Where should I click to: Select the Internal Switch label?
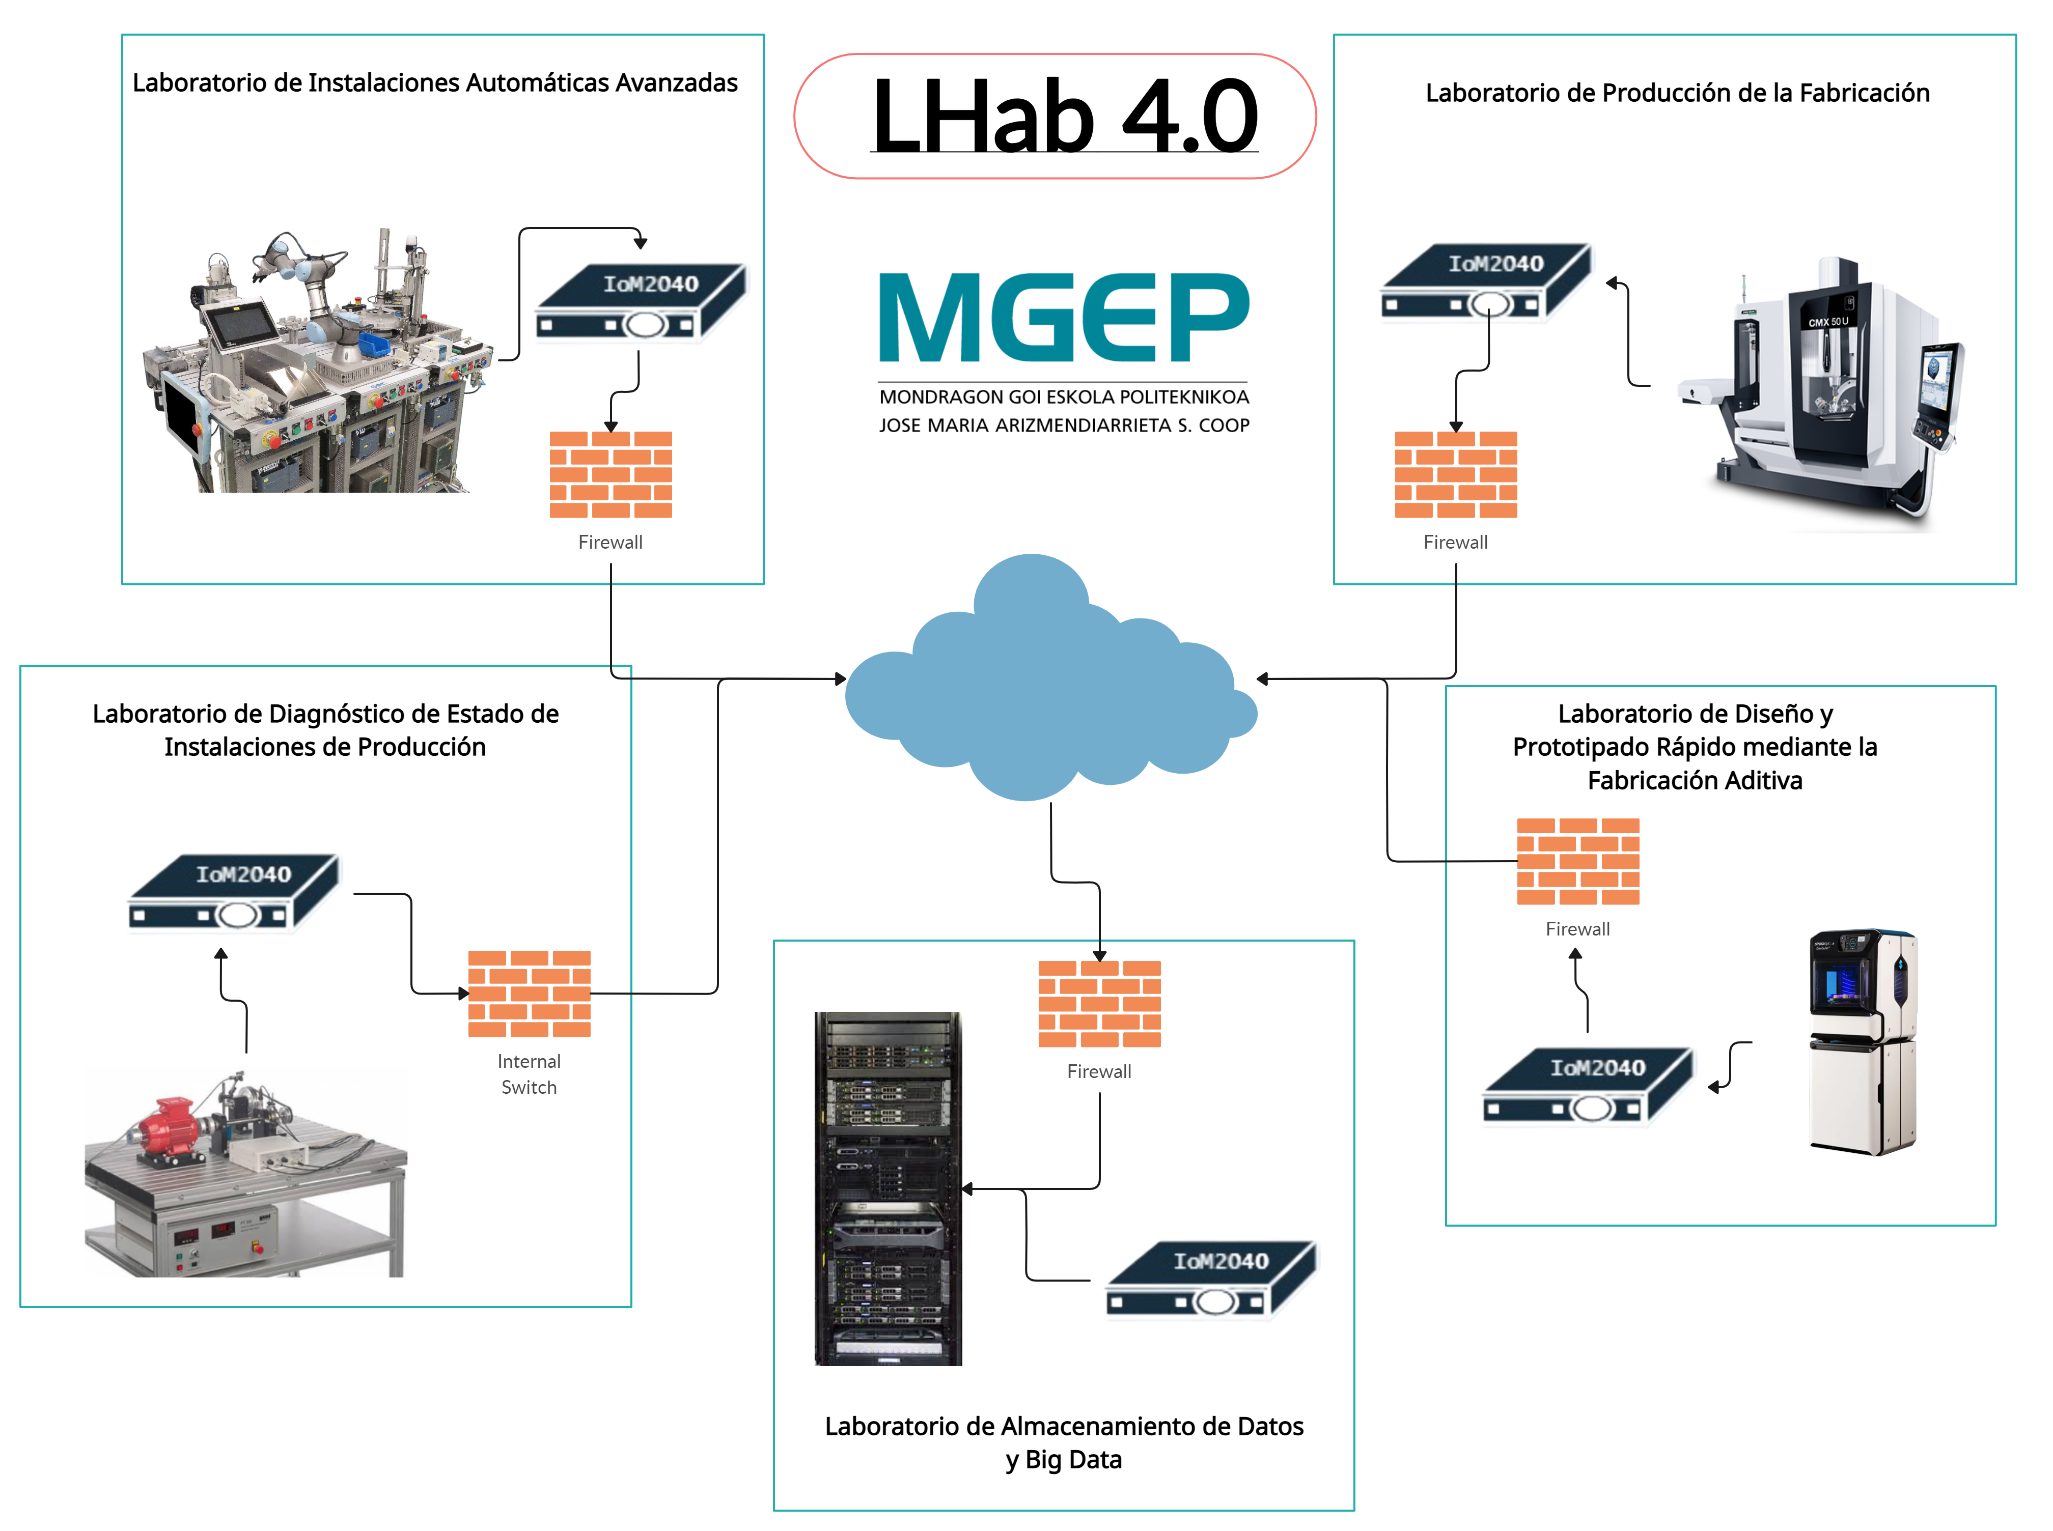point(529,1074)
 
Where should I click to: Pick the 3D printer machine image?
point(1863,1042)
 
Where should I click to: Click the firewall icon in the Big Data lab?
point(1099,1004)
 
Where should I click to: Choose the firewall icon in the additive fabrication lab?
point(1577,861)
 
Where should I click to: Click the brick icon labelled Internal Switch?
point(529,994)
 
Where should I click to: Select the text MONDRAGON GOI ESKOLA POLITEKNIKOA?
point(1063,396)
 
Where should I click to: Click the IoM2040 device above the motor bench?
point(234,892)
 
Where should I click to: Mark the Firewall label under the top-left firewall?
point(610,542)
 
